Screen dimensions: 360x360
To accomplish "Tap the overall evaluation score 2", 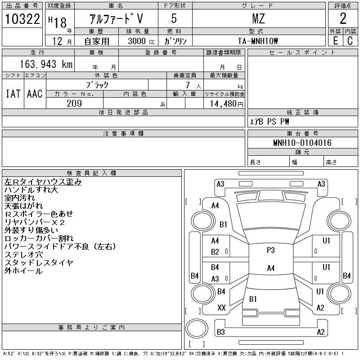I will click(x=343, y=18).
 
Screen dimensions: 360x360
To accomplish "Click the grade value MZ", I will click(x=258, y=18).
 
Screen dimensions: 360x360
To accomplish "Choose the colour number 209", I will click(x=74, y=103).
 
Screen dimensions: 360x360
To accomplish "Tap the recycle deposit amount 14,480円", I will click(x=224, y=103).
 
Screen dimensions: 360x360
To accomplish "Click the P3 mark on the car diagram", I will click(x=270, y=250).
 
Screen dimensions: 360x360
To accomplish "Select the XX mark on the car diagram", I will click(x=221, y=308).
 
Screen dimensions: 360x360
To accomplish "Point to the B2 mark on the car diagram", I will click(x=215, y=252).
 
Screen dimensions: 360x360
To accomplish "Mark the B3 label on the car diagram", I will click(x=220, y=332).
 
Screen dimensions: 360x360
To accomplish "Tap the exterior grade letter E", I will click(x=335, y=40).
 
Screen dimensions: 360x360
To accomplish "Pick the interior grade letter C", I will click(x=350, y=40).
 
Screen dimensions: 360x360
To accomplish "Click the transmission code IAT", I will click(x=13, y=94).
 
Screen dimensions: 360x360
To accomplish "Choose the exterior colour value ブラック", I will click(x=97, y=85).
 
